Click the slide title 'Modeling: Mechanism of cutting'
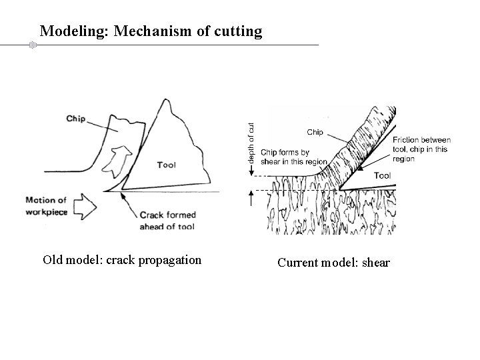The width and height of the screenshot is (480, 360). [151, 31]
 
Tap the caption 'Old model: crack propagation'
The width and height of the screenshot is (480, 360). [122, 259]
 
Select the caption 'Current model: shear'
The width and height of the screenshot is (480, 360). [333, 263]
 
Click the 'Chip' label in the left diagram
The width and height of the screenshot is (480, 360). [76, 119]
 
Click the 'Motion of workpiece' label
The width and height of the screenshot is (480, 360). [46, 205]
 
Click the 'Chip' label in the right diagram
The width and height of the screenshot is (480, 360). [315, 132]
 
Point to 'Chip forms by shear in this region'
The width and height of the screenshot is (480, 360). [294, 157]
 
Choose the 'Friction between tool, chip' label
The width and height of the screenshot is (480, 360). [422, 149]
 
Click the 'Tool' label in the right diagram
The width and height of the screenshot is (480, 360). [383, 175]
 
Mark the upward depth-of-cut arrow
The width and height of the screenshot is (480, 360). [252, 197]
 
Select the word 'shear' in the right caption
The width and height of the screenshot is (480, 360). [375, 263]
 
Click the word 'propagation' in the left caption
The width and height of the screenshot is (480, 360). [169, 260]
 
